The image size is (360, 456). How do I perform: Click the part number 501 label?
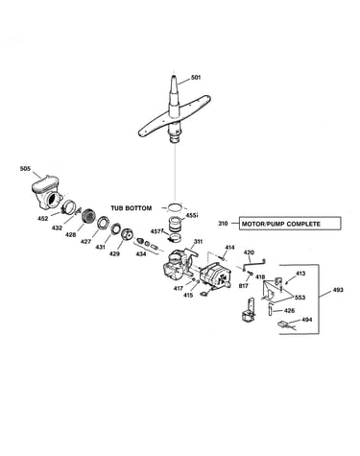(x=196, y=77)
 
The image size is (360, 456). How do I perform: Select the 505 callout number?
(x=25, y=168)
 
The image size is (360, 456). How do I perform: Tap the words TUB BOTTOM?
(x=132, y=208)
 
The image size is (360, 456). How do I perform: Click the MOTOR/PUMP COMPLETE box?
(x=290, y=224)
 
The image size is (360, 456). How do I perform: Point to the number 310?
(x=223, y=224)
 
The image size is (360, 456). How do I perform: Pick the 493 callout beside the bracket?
(x=338, y=290)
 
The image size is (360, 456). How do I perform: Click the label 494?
(x=307, y=320)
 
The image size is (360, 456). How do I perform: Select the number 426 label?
(x=289, y=310)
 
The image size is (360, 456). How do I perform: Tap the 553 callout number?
(x=300, y=298)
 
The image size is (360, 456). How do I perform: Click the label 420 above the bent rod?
(x=249, y=252)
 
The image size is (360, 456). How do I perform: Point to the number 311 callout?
(x=198, y=242)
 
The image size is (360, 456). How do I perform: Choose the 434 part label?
(x=141, y=253)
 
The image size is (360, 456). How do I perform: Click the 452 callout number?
(x=42, y=219)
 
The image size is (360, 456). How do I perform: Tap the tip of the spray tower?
(x=174, y=76)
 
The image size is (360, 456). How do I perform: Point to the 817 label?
(x=244, y=286)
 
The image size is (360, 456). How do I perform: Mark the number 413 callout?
(x=300, y=274)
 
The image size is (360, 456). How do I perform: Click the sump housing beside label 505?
(x=47, y=193)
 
